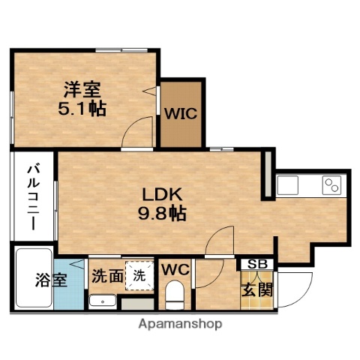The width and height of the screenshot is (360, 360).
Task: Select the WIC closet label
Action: coord(181,115)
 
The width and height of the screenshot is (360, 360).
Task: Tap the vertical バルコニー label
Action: coord(34,192)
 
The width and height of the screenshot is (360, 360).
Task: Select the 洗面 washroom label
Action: coord(107,275)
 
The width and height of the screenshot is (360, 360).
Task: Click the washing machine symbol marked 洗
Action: coord(139,274)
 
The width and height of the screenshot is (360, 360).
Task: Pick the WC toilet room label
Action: coord(173,268)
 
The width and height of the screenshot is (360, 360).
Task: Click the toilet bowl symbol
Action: coord(175,295)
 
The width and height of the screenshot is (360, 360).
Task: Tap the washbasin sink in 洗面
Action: coord(100,301)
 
